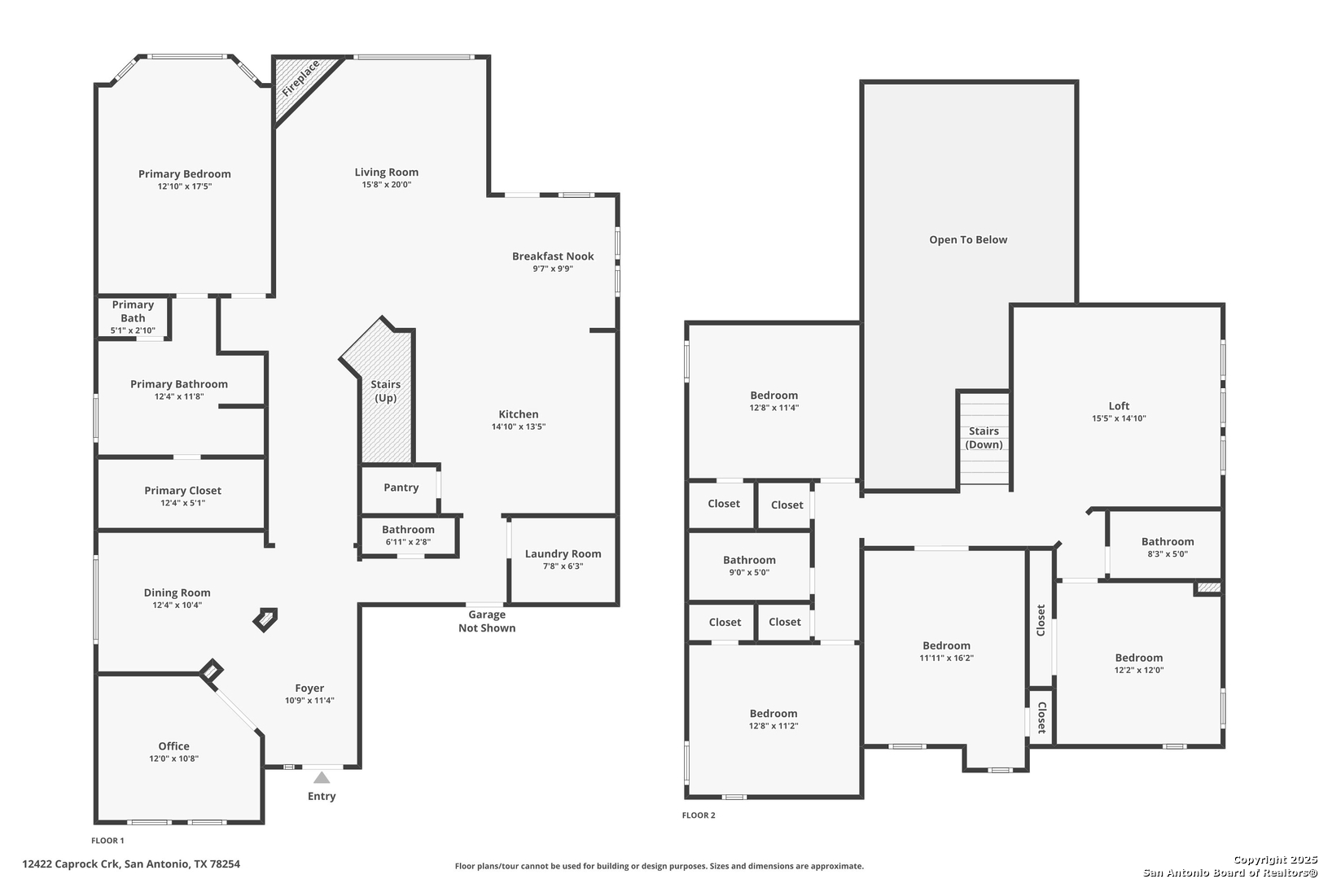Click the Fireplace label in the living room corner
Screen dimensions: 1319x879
point(301,78)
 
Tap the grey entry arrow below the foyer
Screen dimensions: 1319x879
point(322,778)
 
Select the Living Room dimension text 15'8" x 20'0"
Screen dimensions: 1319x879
point(386,185)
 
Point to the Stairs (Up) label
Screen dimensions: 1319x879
point(386,391)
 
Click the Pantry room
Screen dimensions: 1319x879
point(400,488)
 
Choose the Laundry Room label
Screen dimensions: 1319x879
point(563,554)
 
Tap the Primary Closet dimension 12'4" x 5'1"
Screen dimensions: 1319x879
point(182,503)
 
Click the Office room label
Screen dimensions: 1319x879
point(173,746)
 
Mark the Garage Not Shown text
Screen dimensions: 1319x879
point(487,621)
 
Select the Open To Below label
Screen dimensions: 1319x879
point(968,239)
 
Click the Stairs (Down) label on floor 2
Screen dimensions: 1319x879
point(984,438)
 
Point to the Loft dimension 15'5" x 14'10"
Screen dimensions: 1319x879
point(1119,418)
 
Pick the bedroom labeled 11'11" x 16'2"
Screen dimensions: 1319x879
point(945,648)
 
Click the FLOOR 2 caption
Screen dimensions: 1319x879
point(699,816)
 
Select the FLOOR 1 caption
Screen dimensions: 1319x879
point(107,841)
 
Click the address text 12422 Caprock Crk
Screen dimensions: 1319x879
point(72,864)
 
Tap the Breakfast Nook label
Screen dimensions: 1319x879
point(553,256)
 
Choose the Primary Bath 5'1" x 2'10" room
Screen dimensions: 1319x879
point(133,317)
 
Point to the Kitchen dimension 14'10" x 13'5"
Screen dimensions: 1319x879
point(519,426)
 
